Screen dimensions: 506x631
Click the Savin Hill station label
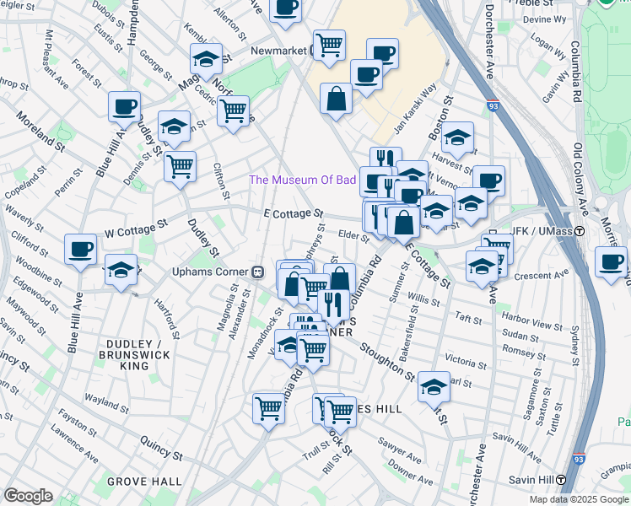[x=537, y=480]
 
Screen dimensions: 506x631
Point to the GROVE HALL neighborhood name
[x=144, y=482]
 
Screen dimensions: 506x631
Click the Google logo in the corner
[x=29, y=496]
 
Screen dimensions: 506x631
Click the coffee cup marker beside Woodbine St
[x=81, y=250]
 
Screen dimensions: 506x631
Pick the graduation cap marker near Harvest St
[x=457, y=137]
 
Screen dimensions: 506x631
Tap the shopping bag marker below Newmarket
[x=336, y=98]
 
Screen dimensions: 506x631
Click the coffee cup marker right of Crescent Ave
[x=611, y=261]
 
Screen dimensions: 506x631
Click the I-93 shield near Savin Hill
[x=578, y=459]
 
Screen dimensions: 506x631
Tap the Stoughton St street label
[x=386, y=360]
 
